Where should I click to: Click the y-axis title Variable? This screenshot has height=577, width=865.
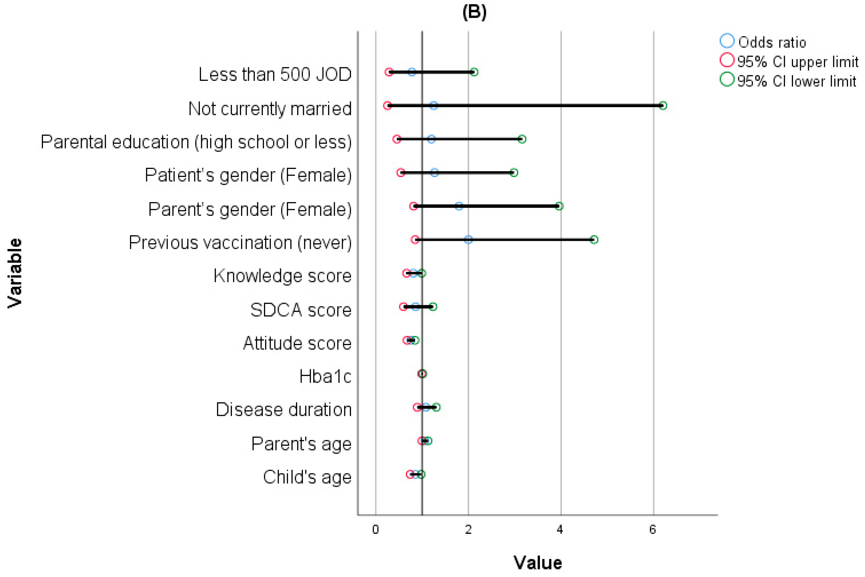(x=15, y=273)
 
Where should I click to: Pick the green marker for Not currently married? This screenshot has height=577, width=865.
(x=662, y=106)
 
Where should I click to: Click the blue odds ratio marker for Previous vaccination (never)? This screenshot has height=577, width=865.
(x=468, y=239)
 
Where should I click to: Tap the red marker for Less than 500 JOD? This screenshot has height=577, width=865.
(x=389, y=72)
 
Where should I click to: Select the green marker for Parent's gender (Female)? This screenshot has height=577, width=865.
(x=559, y=206)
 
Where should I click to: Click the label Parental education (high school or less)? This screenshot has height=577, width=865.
(x=196, y=142)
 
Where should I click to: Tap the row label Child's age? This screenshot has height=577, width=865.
(x=307, y=477)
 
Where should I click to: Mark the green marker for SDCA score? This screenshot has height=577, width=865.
(x=433, y=307)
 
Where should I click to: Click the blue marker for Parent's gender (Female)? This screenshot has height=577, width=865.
(x=459, y=206)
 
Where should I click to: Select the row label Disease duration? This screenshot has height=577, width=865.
(x=284, y=409)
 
